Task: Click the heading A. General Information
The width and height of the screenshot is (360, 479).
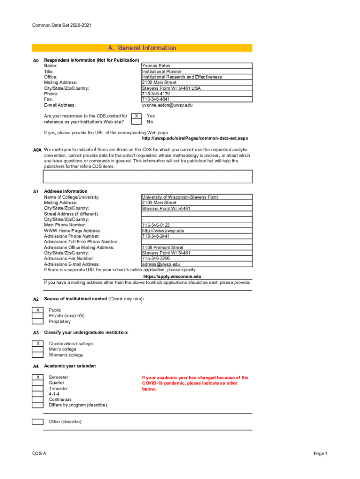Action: coord(142,48)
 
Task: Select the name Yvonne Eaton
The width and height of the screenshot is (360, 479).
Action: coord(156,66)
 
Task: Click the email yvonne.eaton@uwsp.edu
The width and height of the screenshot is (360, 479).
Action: coord(167,105)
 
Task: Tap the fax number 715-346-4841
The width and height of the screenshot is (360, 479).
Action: coord(156,100)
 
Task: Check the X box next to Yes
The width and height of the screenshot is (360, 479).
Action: coord(136,116)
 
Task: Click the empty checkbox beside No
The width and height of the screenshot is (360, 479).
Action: coord(136,122)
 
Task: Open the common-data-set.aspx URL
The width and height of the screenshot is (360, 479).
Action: coord(194,138)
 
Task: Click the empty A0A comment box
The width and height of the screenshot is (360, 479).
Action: coord(148,176)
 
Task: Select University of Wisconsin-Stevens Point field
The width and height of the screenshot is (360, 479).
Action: coord(180,197)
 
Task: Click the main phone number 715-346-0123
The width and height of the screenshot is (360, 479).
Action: coord(156,225)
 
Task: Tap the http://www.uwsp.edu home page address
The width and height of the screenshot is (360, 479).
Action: coord(163,231)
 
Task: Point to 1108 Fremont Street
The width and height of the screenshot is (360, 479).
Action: coord(162,247)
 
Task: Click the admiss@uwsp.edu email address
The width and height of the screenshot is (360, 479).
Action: coord(160,264)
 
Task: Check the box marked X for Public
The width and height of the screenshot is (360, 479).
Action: coord(37,310)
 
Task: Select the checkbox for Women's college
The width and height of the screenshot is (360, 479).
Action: coord(37,355)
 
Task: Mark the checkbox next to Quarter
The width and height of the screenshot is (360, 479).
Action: coord(37,383)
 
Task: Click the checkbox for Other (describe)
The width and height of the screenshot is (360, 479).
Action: coord(37,422)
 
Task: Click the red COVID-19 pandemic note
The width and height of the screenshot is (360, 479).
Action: coord(195,383)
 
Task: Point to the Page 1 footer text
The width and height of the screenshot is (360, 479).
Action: coord(320,454)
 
